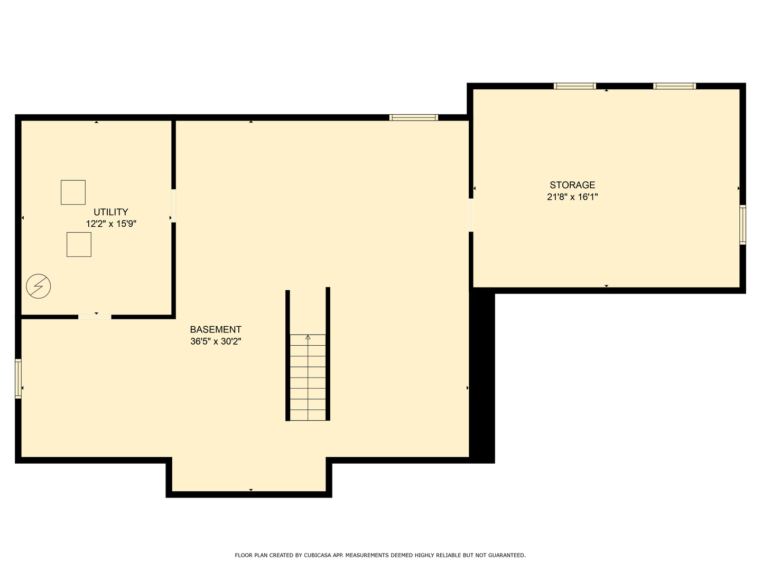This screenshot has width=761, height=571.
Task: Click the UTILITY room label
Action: coord(111,212)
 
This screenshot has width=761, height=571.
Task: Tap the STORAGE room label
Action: coord(572,185)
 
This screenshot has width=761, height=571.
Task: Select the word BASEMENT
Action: coord(216,329)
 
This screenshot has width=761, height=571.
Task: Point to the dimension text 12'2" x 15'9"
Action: coord(111,224)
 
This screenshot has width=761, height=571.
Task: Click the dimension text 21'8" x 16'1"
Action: coord(572,197)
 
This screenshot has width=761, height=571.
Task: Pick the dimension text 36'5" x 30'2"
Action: coord(216,342)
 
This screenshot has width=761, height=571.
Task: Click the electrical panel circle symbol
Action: coord(39,287)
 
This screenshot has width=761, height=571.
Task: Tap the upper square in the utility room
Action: coord(73,192)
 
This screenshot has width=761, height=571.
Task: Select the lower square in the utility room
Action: coord(79,244)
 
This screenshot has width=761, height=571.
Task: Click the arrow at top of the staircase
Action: coord(308,337)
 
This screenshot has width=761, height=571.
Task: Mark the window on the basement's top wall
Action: coord(414,117)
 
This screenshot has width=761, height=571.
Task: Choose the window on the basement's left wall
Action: coord(18,379)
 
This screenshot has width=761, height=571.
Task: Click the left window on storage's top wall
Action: coord(575,86)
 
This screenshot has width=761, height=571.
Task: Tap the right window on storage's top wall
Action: coord(675,86)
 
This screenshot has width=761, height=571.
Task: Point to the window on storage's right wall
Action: coord(743,225)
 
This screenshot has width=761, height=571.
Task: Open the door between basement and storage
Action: coord(471,215)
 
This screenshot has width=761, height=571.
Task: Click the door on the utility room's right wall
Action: coord(174,206)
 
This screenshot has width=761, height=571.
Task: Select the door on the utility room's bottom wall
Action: coord(95,317)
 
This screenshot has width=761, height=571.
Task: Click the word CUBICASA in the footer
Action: coord(318,555)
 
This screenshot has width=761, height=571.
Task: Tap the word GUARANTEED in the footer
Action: coord(507,555)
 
